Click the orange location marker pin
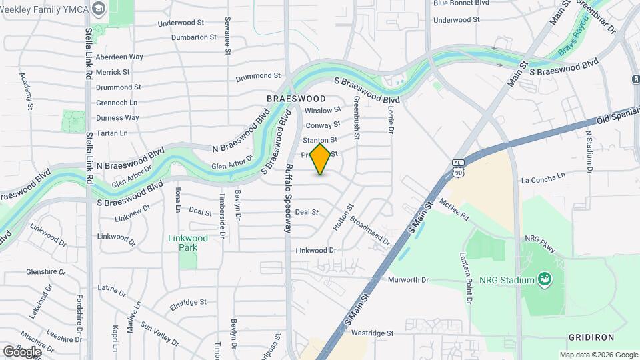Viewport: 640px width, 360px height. (x=321, y=159)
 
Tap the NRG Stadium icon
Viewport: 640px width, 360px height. (x=544, y=279)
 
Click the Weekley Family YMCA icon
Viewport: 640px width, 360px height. (x=99, y=9)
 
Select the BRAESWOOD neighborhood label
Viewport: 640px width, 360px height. (x=296, y=99)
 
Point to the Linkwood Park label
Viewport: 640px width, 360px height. (x=187, y=243)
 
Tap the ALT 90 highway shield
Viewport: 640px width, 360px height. (x=457, y=167)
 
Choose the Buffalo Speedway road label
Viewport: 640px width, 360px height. (x=289, y=198)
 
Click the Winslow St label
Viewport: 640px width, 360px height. (x=323, y=110)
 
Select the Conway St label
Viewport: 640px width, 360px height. (x=323, y=125)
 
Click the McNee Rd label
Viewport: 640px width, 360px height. (x=454, y=209)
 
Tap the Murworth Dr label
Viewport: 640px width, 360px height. (x=408, y=280)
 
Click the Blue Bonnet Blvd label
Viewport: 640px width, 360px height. (x=461, y=3)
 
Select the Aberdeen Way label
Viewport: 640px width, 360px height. (x=119, y=57)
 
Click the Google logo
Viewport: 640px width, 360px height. (x=22, y=351)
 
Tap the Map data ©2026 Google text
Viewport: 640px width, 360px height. (x=598, y=355)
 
